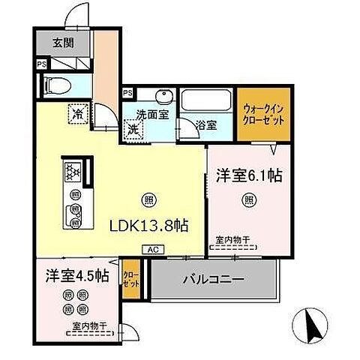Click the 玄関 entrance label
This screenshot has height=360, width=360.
click(61, 43)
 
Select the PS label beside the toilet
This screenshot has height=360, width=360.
click(40, 64)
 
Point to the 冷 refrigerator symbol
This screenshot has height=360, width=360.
click(77, 113)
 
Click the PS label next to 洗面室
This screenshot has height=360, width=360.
click(127, 93)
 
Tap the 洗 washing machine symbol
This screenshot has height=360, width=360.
click(132, 129)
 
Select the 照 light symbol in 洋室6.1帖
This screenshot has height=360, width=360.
click(247, 199)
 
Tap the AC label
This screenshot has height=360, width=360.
click(151, 250)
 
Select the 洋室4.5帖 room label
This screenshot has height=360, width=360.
click(76, 275)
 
